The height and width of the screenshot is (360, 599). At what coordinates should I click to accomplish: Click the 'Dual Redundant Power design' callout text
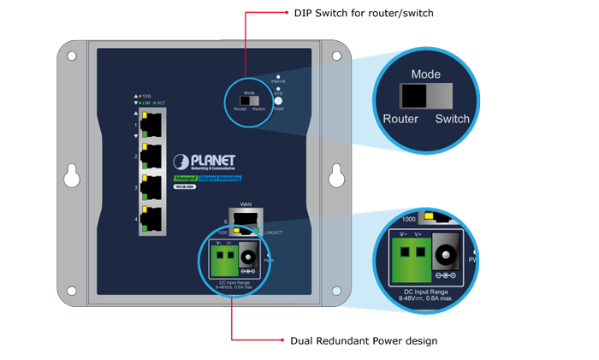[x=364, y=341]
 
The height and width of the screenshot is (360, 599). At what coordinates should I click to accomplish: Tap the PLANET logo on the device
[x=207, y=162]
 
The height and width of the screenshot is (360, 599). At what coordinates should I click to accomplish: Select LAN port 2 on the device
[x=152, y=156]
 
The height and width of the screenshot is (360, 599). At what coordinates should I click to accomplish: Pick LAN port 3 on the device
[x=152, y=187]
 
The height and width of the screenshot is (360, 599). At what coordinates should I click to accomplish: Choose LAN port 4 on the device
[x=152, y=218]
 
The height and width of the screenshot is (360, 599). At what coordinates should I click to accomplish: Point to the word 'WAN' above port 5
[x=246, y=204]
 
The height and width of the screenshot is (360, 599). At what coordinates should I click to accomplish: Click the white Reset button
[x=277, y=100]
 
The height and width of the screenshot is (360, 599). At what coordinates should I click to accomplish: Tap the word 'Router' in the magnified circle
[x=400, y=119]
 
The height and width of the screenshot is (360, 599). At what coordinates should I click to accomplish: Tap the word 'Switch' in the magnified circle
[x=452, y=119]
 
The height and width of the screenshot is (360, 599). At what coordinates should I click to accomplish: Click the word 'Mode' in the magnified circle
[x=425, y=75]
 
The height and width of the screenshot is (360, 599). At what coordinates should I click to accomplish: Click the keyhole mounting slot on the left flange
[x=72, y=177]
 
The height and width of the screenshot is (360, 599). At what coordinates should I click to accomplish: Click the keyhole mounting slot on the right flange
[x=336, y=177]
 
